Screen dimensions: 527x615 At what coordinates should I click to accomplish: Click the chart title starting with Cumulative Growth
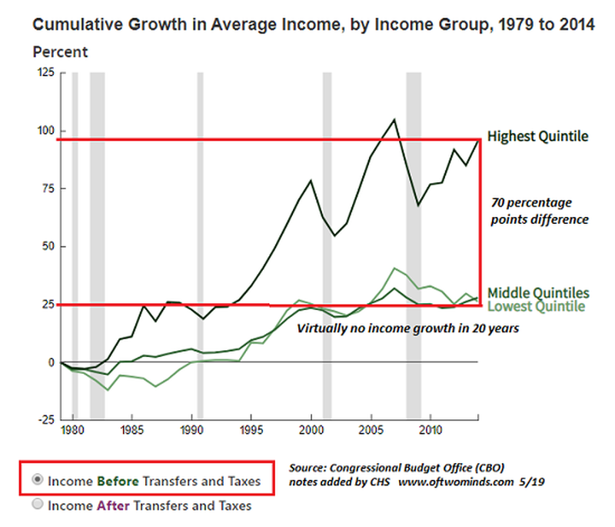pos(314,25)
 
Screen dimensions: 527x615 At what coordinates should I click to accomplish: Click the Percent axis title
pos(61,52)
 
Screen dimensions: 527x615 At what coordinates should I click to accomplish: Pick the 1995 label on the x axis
pos(251,429)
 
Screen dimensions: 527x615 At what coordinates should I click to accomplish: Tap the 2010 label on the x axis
pos(431,429)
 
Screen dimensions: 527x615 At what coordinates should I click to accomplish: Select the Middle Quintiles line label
pos(538,292)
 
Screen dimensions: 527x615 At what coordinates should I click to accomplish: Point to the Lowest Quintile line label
pos(537,306)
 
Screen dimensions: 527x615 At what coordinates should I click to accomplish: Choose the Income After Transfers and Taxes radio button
pos(38,505)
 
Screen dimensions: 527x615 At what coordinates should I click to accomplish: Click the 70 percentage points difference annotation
pos(539,212)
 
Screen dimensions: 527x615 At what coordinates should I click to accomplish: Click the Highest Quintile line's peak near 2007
pos(394,119)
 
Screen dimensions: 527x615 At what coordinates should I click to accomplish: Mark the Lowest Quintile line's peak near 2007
pos(394,268)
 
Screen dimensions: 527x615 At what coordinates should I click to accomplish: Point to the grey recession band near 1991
pos(201,246)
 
